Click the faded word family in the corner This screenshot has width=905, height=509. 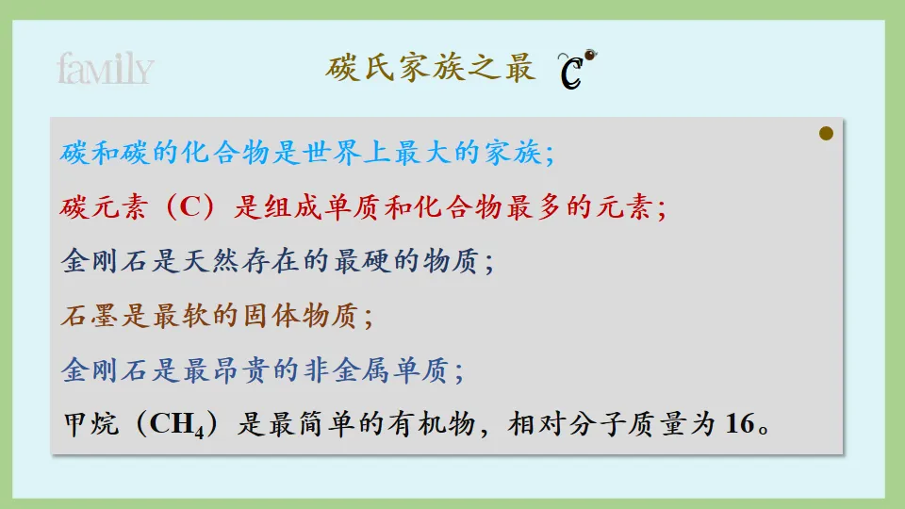pos(105,69)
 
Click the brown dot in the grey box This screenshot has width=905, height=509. pos(827,134)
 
